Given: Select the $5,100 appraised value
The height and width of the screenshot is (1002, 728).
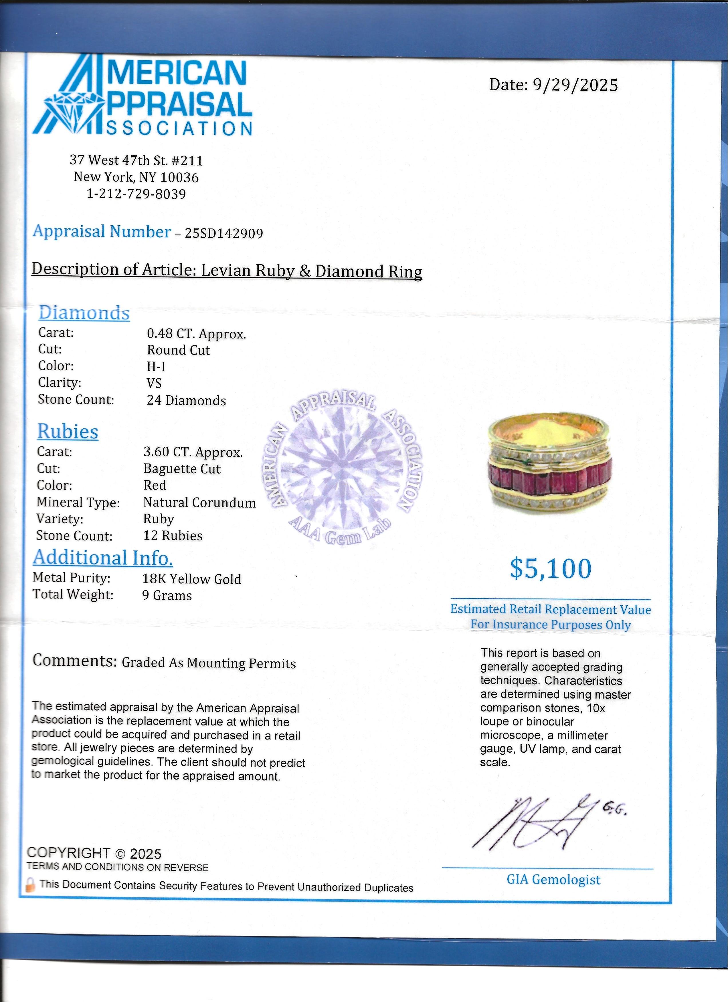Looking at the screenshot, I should coord(550,568).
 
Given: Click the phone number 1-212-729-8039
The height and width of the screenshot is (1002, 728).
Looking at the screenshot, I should coord(136,194).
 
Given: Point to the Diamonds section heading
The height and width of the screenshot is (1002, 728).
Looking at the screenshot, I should coord(84,313).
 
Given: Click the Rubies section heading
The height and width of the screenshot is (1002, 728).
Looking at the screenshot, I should coord(68,432).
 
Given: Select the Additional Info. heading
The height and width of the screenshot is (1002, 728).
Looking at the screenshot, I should coord(102,558).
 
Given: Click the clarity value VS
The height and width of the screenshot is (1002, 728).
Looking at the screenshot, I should coord(154,383).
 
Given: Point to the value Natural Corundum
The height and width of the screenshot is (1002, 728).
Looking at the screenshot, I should coord(199,502).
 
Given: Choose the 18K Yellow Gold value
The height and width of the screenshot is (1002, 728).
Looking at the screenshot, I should coord(191,579).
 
